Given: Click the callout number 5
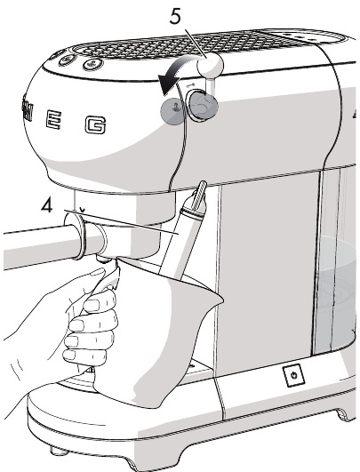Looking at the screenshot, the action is click(x=175, y=16).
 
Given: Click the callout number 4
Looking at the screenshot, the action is click(x=46, y=206).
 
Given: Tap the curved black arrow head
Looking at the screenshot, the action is click(x=166, y=84).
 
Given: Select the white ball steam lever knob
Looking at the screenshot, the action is click(x=210, y=66).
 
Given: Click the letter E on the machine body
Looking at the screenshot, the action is click(x=54, y=120).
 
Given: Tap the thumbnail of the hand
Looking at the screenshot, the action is click(x=97, y=272).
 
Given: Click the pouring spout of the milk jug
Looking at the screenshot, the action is click(x=214, y=297).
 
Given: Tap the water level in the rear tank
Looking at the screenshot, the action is click(x=337, y=272).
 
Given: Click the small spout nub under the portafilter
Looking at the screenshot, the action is click(x=103, y=259).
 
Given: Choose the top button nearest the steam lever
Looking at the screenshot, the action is click(x=93, y=63).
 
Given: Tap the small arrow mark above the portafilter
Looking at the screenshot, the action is click(x=82, y=209).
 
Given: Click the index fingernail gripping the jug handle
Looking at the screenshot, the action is click(x=90, y=307).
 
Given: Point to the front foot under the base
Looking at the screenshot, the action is click(x=60, y=451).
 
